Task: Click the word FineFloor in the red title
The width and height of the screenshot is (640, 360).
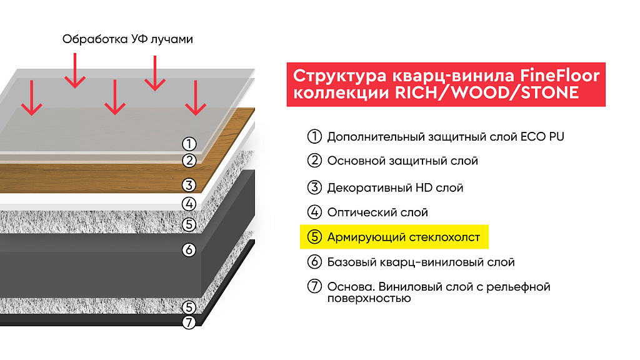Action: [559, 76]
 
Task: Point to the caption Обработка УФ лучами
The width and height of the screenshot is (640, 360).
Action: [127, 39]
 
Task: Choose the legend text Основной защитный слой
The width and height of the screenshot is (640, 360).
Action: [402, 161]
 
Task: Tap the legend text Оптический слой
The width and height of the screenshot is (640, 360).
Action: [377, 212]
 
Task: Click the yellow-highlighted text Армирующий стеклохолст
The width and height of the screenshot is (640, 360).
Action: [404, 237]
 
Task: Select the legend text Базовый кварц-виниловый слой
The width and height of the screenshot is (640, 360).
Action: [421, 262]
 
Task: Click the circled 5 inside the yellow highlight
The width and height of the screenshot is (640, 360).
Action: [314, 237]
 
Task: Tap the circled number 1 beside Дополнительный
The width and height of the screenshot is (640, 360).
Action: [314, 136]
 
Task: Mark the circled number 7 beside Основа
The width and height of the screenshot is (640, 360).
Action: [314, 286]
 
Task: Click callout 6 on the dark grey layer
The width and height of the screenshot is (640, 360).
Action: [189, 250]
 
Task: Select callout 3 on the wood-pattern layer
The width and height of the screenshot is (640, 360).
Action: [189, 185]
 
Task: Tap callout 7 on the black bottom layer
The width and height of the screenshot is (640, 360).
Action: [189, 322]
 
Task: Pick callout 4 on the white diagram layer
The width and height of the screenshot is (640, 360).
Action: [189, 204]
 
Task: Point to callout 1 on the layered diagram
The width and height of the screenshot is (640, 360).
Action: [189, 144]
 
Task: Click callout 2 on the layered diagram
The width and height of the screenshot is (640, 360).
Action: [189, 161]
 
